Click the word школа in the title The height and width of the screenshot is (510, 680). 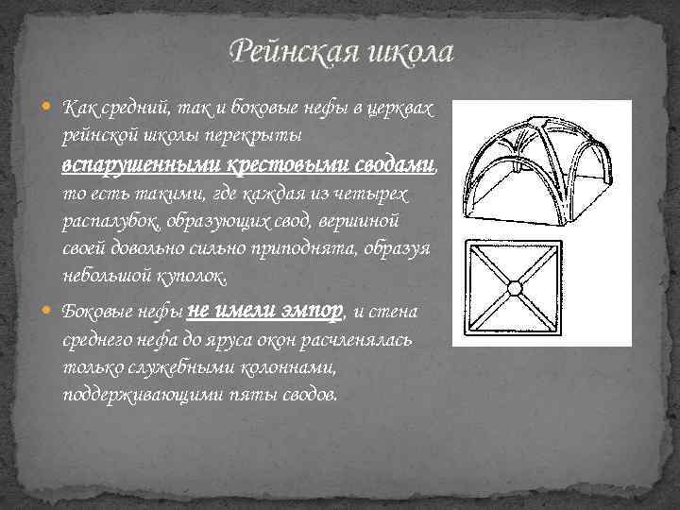(x=405, y=51)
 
